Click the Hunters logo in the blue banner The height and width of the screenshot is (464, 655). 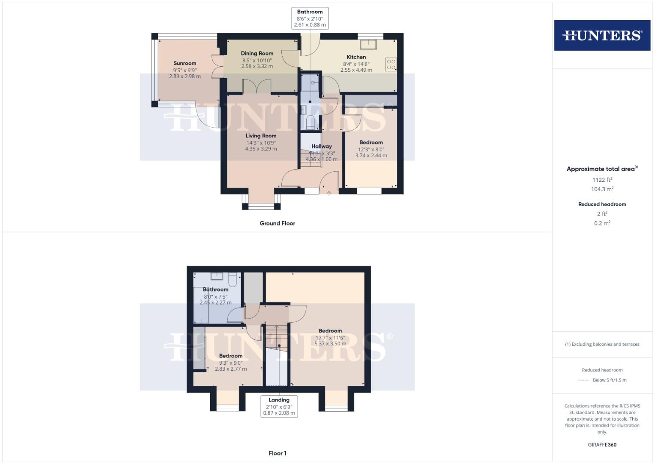[602, 35]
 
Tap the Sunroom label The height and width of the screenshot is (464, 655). [184, 63]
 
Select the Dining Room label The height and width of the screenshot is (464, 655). [257, 53]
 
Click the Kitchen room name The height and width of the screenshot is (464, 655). [356, 57]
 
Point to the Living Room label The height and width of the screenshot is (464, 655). [261, 136]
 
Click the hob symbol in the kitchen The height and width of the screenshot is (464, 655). [391, 64]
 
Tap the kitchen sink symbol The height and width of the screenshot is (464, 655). [368, 44]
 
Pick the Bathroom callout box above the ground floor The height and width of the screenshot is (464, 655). [310, 18]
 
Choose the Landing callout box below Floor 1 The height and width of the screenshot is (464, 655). [279, 406]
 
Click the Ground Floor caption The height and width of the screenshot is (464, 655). [277, 223]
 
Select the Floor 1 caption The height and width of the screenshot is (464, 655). [277, 453]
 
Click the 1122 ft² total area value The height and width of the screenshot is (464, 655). [602, 180]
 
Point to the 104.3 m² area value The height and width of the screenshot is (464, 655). [602, 189]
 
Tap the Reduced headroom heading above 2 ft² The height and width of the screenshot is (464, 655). [602, 204]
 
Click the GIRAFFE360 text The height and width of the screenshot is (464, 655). [602, 445]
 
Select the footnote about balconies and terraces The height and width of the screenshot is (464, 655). [602, 344]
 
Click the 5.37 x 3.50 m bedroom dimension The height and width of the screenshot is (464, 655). [330, 344]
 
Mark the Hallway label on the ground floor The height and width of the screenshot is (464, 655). [321, 146]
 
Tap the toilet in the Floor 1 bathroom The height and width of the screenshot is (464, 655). [232, 280]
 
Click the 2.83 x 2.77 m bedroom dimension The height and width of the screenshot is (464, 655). [231, 369]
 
